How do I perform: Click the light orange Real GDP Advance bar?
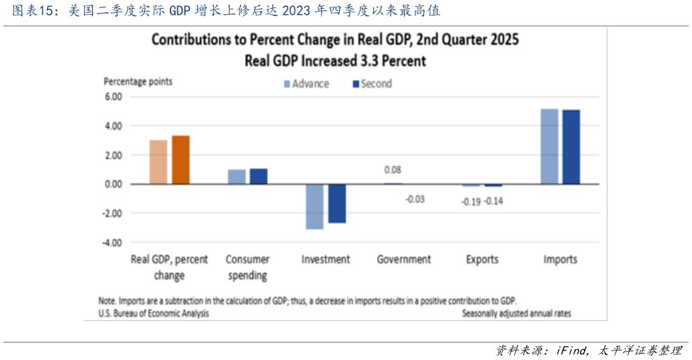tap(158, 162)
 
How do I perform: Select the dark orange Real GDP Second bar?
tap(181, 160)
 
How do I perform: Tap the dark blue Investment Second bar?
tap(337, 204)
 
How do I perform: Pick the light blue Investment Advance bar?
tap(315, 207)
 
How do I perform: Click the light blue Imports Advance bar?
tap(549, 146)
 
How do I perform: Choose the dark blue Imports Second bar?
tap(571, 147)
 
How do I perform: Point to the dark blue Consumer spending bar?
tap(258, 176)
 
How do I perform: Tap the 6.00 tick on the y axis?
tap(113, 97)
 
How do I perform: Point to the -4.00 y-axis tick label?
tap(111, 242)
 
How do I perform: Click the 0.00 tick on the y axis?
tap(113, 184)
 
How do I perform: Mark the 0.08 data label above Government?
tap(393, 170)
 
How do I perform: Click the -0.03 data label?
tap(415, 199)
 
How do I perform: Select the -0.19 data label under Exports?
tap(471, 201)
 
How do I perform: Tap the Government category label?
tap(404, 259)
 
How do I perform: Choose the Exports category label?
tap(482, 259)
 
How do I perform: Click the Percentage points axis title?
tap(138, 81)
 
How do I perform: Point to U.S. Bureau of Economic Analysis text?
tap(154, 314)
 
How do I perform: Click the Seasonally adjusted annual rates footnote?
tap(517, 314)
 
